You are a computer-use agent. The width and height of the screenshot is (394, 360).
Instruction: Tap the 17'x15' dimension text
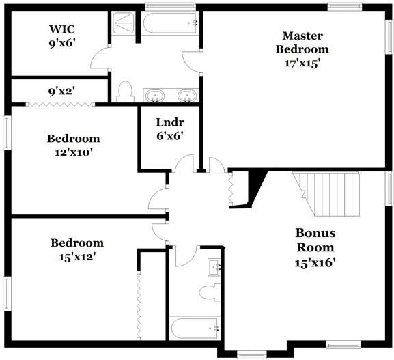pos(302,62)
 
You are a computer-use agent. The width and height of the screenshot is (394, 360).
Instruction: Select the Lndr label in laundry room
pos(169,122)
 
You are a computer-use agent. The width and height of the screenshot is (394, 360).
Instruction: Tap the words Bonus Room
pos(315,240)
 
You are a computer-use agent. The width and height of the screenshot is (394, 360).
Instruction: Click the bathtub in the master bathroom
pos(171,23)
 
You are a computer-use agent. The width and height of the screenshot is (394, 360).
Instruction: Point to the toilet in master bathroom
pos(125,92)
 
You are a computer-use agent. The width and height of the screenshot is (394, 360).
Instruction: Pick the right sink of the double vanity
pos(186,95)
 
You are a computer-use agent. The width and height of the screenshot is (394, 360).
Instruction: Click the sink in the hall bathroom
pos(214,266)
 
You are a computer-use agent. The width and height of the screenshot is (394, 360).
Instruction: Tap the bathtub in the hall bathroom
pos(195,329)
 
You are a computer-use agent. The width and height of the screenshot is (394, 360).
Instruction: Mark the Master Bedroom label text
pos(302,42)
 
